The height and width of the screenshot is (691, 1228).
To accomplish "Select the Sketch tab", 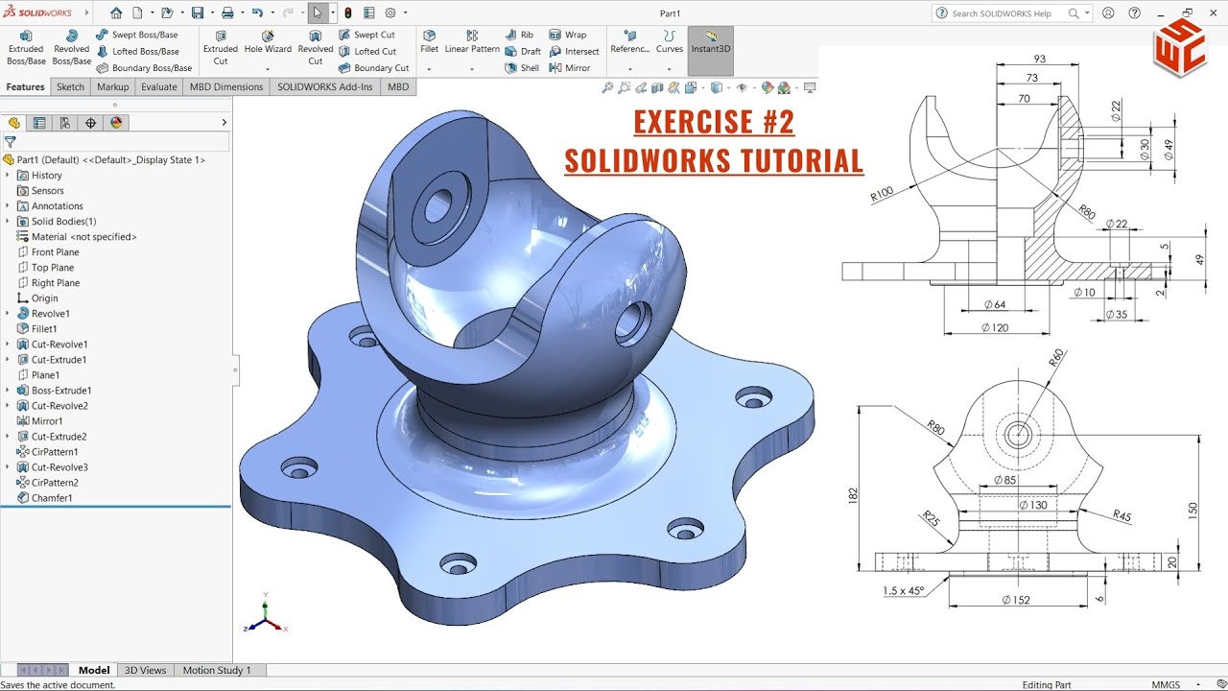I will coord(70,86).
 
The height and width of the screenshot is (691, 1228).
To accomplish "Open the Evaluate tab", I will coord(158,86).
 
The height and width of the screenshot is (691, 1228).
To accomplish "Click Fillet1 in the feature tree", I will coord(44,329).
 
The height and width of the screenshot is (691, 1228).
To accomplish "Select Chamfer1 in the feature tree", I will coord(52,498).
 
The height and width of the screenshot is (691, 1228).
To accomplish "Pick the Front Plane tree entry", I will coord(55,252).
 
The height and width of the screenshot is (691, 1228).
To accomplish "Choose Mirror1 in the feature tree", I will coord(47,421).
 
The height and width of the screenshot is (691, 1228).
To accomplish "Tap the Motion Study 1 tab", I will coord(217,670).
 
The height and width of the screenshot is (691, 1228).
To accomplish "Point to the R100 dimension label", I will coord(882,193).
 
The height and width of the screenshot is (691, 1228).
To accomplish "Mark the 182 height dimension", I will coord(853,494).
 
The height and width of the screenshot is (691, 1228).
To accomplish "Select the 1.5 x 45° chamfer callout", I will coord(904,591).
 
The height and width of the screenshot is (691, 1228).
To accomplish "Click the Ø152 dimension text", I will coord(1018,600).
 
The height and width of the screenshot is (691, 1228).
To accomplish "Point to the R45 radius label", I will coord(1122,516).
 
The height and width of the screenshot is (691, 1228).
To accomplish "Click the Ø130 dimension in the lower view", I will coord(1032,505).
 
